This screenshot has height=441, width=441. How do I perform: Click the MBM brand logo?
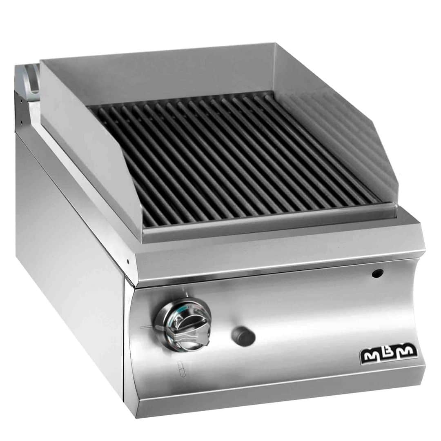389,353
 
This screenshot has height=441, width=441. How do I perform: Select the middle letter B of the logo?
389,352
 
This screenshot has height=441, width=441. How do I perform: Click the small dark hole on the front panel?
377,273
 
